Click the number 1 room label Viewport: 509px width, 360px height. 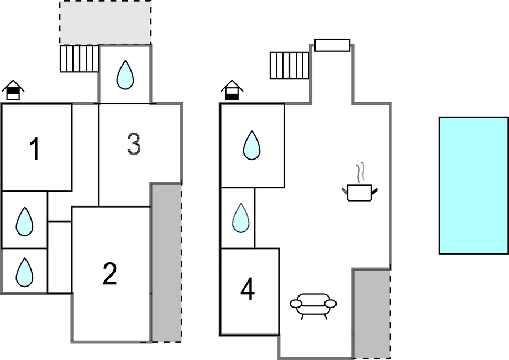tap(35, 149)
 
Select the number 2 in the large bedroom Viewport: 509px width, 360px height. tap(110, 274)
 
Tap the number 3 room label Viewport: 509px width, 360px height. tap(133, 144)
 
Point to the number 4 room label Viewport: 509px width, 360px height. tap(248, 290)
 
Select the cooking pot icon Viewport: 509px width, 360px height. tap(359, 192)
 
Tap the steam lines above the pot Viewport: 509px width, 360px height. tap(361, 172)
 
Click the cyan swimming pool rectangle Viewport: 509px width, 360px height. tap(473, 185)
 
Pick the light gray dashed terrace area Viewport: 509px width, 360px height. tap(105, 23)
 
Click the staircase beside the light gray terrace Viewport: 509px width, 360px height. tap(79, 59)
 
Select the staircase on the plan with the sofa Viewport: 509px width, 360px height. tap(290, 65)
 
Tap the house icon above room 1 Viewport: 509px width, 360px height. tap(13, 90)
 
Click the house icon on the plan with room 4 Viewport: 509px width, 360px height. tap(232, 91)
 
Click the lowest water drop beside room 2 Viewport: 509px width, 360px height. tap(24, 272)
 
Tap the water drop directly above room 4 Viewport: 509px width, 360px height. tap(240, 218)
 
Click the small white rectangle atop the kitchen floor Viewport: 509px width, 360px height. tap(332, 45)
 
